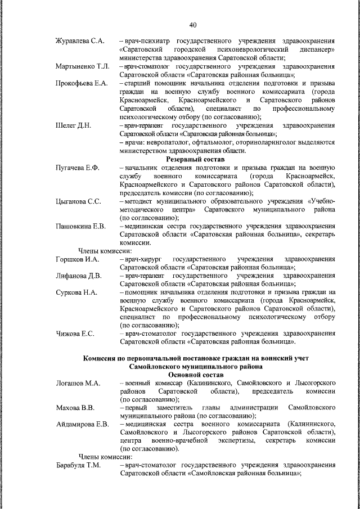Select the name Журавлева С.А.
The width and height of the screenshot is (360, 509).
[80, 41]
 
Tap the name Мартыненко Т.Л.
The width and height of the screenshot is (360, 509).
[83, 66]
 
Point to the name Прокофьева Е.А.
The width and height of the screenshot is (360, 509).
[82, 83]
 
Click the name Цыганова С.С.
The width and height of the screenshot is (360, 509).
[78, 201]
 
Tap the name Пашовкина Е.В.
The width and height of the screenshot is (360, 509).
[81, 226]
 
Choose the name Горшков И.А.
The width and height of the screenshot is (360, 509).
[78, 259]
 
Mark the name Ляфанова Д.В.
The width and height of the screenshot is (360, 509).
[79, 276]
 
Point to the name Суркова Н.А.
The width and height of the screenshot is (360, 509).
[76, 292]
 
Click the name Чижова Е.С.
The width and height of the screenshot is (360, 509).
[75, 334]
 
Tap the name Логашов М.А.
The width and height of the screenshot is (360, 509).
[78, 383]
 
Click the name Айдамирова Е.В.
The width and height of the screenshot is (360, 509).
[82, 424]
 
